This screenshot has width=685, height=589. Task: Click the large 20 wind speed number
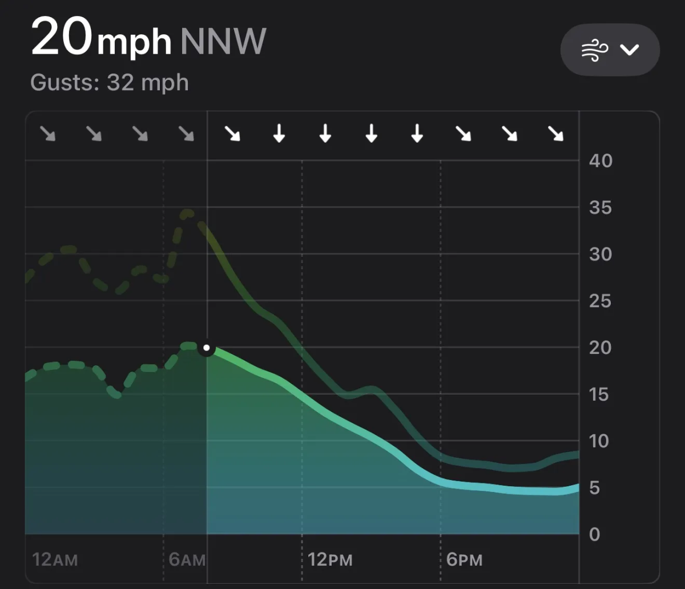62,38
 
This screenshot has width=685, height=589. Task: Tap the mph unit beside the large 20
134,41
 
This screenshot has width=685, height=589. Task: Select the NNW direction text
223,40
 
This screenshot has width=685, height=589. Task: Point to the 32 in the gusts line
120,83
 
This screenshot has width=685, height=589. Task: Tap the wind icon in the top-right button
593,50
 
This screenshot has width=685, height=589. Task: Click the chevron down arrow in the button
630,50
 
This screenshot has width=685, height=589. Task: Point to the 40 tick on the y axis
600,161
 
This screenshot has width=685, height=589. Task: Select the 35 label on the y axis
600,208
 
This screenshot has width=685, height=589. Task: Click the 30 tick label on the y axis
600,255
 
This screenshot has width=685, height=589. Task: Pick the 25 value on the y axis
600,301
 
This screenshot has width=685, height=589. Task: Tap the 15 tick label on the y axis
600,394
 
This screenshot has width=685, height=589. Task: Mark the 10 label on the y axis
600,441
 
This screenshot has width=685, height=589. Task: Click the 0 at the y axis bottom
594,535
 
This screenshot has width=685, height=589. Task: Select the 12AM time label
55,559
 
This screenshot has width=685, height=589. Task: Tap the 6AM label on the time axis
187,559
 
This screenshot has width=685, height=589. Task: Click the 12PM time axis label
330,559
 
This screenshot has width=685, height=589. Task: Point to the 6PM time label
464,559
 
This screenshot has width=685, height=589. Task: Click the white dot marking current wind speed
207,348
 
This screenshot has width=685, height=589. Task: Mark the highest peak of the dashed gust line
187,213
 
